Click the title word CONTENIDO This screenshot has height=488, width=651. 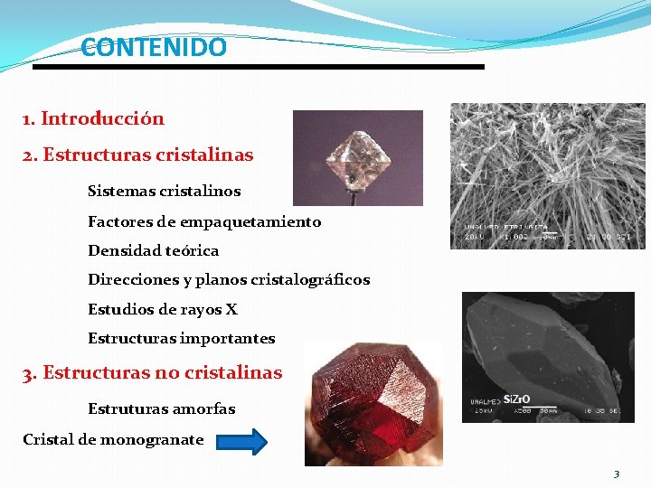pos(154,47)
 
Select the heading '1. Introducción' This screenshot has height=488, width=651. pos(94,118)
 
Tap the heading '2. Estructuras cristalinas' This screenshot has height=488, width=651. pos(138,155)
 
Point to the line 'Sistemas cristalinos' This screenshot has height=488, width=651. pos(164,192)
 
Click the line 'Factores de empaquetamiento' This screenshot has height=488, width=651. pos(204,221)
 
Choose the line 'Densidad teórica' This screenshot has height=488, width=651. pos(153,250)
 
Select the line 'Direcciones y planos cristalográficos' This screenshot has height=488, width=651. pos(229,280)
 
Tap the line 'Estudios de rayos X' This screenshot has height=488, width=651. pos(163,309)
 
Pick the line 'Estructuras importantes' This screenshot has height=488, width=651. pos(181,339)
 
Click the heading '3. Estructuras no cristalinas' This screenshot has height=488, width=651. pos(153,372)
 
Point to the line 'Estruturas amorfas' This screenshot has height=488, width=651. pos(161,408)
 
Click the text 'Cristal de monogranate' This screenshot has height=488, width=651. pos(113,440)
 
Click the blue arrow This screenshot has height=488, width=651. pos(242,442)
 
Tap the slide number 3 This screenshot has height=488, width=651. pos(616,474)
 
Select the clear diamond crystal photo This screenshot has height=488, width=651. pos(357,157)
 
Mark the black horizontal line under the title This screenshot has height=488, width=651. pos(259,67)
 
